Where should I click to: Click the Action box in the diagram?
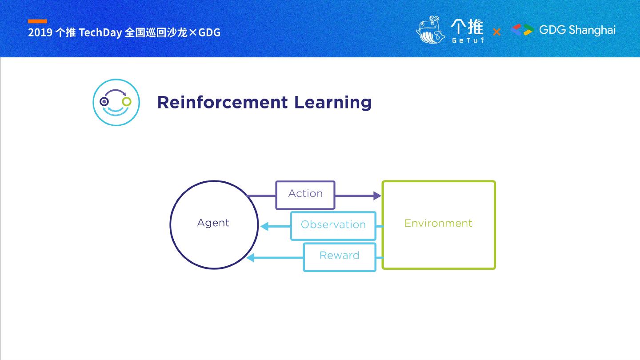305,195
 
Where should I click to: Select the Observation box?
333,226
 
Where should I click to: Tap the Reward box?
339,256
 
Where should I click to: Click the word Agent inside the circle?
213,223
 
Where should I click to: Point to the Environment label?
438,224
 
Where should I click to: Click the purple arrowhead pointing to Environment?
377,196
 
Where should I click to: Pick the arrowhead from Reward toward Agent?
251,258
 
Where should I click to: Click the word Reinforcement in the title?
222,102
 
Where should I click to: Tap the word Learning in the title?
332,103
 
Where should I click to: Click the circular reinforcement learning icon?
116,102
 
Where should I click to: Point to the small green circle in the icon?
127,102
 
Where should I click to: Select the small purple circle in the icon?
104,102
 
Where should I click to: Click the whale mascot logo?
430,30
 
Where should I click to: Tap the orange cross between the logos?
496,32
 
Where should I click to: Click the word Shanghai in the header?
592,30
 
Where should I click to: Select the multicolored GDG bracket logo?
522,30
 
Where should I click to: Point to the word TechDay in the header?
100,32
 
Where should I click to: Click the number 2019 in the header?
40,32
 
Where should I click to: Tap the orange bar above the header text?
37,21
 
